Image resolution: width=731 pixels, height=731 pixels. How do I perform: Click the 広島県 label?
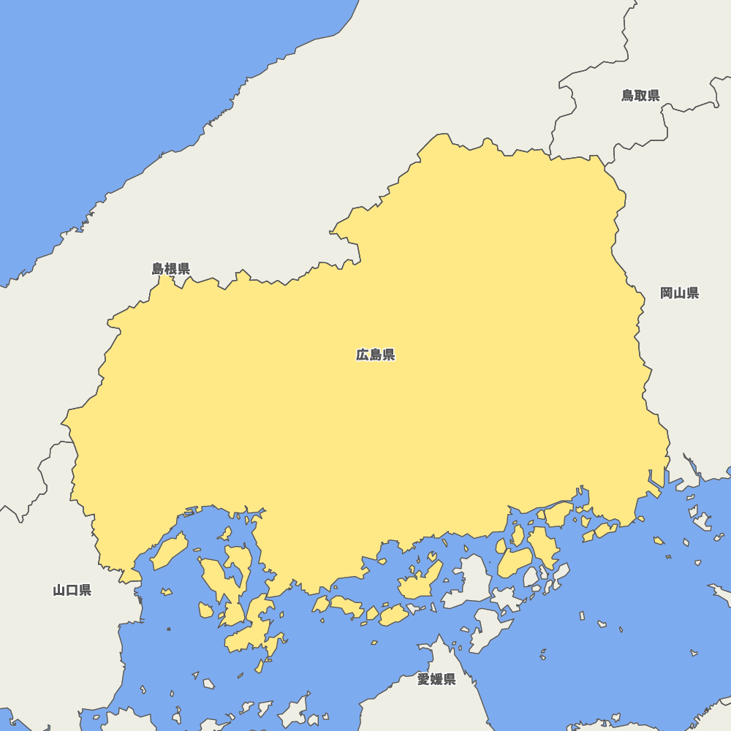(x=376, y=355)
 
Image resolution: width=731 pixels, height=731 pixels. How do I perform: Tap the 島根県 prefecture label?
(x=171, y=269)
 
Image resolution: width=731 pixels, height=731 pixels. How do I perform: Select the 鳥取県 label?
(x=641, y=96)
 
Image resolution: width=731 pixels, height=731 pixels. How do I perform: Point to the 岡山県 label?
(x=680, y=293)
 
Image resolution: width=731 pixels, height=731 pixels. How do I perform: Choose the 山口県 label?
(x=72, y=591)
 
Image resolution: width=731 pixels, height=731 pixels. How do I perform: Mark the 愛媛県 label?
(x=436, y=680)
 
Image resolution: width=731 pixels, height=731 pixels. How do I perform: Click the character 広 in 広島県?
(x=363, y=355)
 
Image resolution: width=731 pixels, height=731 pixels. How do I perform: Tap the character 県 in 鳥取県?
(x=654, y=96)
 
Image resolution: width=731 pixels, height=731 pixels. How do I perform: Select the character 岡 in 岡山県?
(x=667, y=293)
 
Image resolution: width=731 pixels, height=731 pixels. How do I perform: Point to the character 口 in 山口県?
(x=72, y=591)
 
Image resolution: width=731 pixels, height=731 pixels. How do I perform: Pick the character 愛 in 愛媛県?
(x=424, y=680)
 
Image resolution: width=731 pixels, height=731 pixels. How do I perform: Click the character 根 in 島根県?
(x=171, y=269)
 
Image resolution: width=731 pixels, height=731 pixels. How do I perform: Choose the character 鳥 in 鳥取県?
(x=629, y=96)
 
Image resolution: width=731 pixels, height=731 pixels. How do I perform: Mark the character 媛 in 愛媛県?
(x=436, y=680)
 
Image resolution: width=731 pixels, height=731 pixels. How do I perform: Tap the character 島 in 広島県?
(x=376, y=355)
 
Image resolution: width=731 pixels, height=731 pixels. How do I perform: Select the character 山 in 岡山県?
(x=680, y=293)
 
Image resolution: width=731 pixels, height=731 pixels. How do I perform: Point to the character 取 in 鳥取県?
(x=641, y=96)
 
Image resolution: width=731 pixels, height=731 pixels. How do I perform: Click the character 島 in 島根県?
(x=159, y=269)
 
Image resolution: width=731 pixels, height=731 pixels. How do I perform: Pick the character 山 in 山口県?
(x=60, y=591)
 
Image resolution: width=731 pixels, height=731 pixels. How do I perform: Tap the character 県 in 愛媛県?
(x=449, y=680)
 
